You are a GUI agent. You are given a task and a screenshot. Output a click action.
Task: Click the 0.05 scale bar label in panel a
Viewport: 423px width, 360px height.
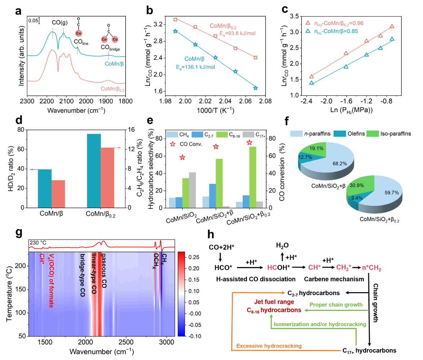click(33, 21)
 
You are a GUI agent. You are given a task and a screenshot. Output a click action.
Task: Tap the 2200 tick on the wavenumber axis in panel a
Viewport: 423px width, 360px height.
click(47, 101)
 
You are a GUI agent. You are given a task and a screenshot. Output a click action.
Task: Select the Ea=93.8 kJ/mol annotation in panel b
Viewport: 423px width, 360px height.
click(237, 34)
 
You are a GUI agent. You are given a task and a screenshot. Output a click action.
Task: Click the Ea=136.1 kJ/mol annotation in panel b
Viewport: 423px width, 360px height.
click(196, 67)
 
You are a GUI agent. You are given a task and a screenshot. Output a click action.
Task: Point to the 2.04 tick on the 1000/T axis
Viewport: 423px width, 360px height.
click(225, 101)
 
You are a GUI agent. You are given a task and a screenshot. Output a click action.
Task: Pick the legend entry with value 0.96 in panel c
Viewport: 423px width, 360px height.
click(334, 23)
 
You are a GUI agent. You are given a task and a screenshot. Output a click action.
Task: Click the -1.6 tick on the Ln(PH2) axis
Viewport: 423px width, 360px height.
click(346, 101)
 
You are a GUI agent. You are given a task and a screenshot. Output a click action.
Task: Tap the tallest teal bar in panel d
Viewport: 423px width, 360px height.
click(94, 171)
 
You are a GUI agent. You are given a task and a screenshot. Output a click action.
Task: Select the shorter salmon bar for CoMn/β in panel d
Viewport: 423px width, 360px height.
click(58, 194)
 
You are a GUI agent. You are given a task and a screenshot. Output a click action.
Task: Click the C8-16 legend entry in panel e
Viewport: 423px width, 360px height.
click(228, 135)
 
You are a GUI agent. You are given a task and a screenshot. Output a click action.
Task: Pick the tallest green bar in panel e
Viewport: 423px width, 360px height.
click(253, 177)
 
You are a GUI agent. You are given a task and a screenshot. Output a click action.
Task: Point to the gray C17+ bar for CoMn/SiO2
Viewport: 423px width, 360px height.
click(192, 190)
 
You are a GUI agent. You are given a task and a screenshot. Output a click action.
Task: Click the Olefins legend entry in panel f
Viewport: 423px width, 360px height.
click(349, 134)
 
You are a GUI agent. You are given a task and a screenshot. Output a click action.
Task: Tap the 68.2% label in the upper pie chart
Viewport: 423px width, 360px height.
click(340, 164)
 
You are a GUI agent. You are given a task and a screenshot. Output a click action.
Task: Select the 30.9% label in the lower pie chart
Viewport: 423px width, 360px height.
click(357, 185)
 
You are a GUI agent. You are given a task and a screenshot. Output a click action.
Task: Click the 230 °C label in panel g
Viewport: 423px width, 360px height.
click(38, 243)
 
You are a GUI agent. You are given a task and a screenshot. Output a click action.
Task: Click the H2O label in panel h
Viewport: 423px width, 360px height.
click(282, 245)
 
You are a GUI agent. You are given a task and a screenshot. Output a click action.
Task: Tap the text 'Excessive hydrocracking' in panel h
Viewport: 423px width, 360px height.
click(269, 346)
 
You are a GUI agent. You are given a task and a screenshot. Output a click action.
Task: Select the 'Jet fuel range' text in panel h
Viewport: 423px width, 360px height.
click(274, 302)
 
